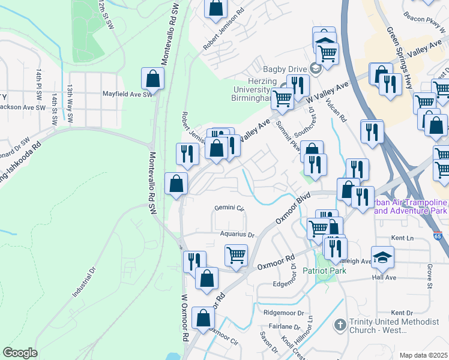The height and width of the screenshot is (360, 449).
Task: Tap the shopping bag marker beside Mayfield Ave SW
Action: [x=153, y=80]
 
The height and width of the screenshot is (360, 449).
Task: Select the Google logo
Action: [x=20, y=353]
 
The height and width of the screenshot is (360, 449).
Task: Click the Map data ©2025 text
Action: [x=424, y=355]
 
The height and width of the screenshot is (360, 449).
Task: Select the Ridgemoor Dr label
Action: [x=284, y=313]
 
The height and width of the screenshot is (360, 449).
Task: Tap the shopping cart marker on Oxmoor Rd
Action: [x=237, y=255]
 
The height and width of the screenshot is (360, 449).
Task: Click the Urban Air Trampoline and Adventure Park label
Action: [x=409, y=207]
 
